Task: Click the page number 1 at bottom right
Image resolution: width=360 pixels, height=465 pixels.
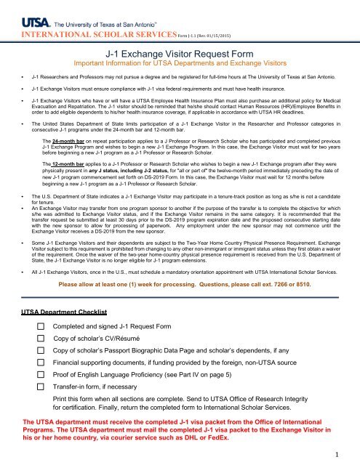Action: [349, 455]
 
